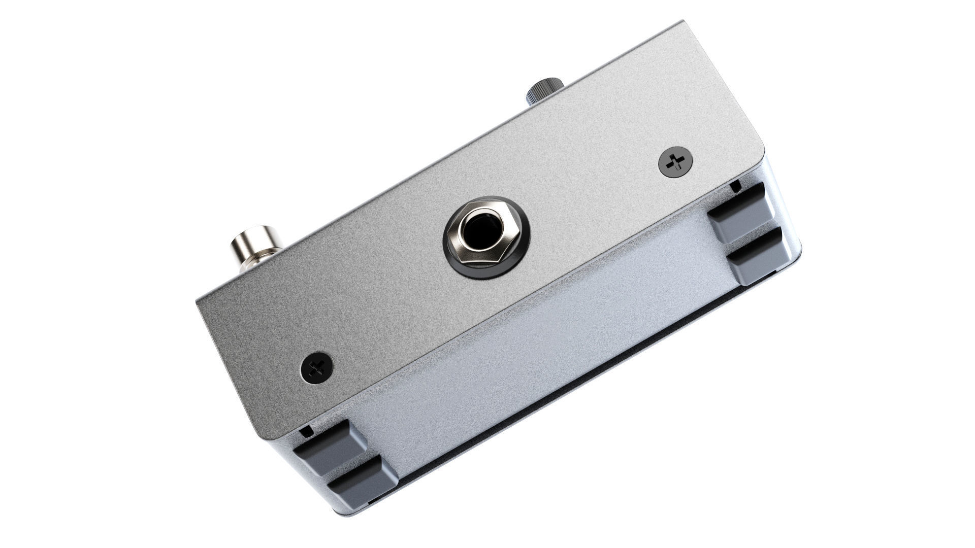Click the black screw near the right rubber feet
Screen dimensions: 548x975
click(675, 162)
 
